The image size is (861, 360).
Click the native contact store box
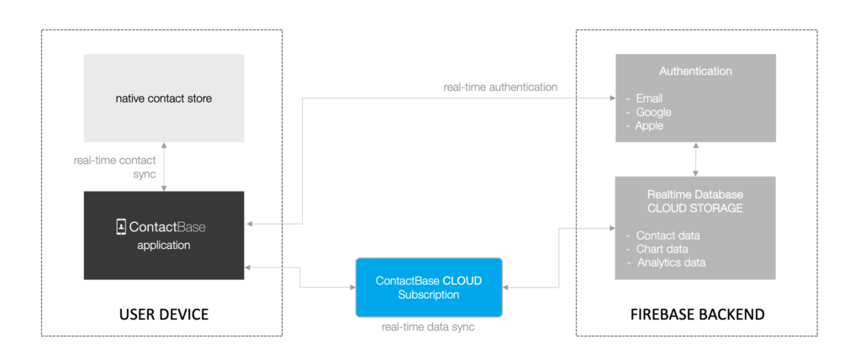pos(164,98)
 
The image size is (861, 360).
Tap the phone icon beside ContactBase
pos(121,227)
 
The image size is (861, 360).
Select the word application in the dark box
pos(164,245)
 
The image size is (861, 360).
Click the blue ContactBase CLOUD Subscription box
pos(429,288)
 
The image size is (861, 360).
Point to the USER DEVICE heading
pos(164,315)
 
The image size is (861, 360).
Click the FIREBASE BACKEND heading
pos(697,315)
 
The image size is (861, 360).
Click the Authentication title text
pos(695,71)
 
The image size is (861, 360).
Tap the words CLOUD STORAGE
pos(695,209)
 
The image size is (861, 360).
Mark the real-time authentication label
pos(500,87)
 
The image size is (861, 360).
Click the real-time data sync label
pos(428,327)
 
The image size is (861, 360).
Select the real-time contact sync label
pos(114,167)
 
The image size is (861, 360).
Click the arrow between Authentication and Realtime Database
pos(695,159)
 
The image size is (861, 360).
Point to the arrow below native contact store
pos(164,167)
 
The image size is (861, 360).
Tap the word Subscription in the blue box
pos(429,294)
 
